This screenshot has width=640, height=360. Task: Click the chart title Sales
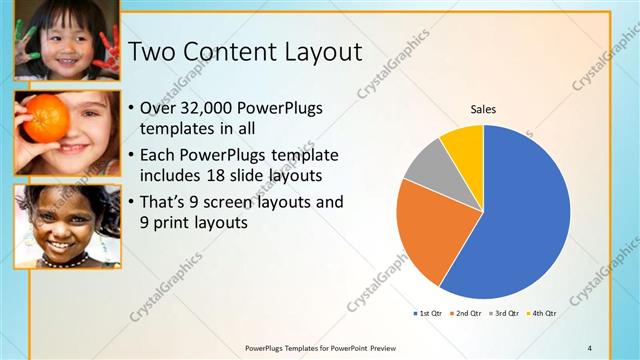point(483,109)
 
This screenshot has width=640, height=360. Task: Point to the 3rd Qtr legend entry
point(504,313)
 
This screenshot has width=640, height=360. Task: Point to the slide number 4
point(589,347)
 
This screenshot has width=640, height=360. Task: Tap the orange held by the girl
point(46,119)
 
